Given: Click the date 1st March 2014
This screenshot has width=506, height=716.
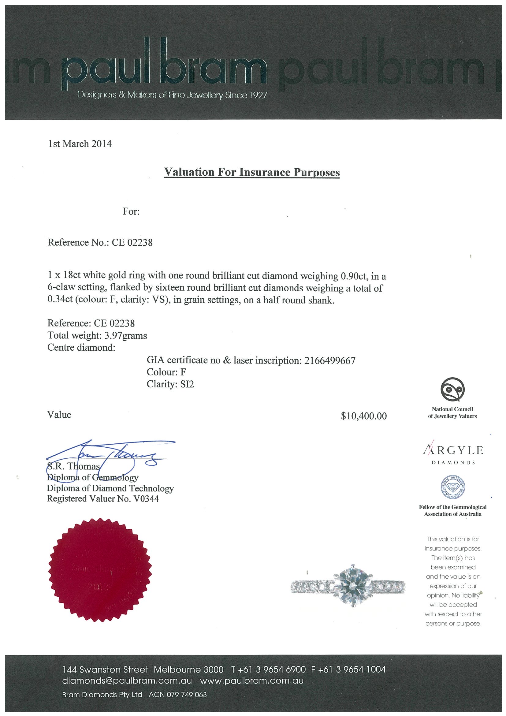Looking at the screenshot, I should pyautogui.click(x=80, y=144).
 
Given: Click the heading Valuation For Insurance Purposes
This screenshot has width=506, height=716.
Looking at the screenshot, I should pyautogui.click(x=252, y=172).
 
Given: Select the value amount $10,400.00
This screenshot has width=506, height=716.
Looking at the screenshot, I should pyautogui.click(x=364, y=416).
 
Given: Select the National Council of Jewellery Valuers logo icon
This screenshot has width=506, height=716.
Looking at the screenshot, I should pyautogui.click(x=452, y=390).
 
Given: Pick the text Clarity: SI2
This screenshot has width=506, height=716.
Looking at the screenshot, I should pyautogui.click(x=170, y=384).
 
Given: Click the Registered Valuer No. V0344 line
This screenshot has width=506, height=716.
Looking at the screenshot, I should pyautogui.click(x=103, y=499).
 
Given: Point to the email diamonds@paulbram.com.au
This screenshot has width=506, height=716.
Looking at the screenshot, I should pyautogui.click(x=127, y=681).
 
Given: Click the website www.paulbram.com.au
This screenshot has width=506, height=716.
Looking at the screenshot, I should pyautogui.click(x=252, y=681).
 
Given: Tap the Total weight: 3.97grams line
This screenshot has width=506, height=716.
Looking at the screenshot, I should pyautogui.click(x=97, y=336).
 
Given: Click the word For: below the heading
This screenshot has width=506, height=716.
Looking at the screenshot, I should pyautogui.click(x=131, y=212).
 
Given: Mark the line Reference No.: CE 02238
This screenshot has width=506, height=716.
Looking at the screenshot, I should pyautogui.click(x=100, y=242).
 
